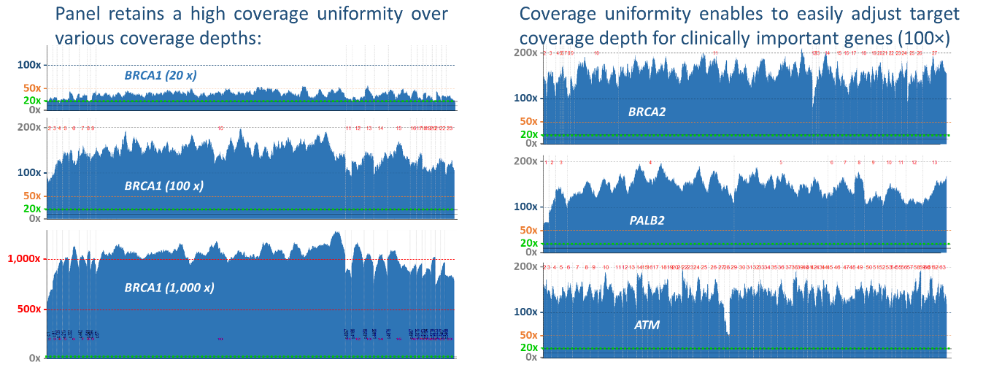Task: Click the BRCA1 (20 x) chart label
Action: [160, 75]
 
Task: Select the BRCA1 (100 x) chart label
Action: [163, 186]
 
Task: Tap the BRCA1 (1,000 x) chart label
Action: [169, 288]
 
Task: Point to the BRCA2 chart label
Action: [647, 112]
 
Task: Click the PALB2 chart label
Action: [647, 220]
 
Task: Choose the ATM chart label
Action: [647, 325]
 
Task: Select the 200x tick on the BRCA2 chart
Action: [525, 53]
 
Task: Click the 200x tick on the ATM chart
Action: [525, 266]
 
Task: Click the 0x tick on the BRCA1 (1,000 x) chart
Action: [34, 358]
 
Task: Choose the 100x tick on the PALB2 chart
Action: [525, 207]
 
